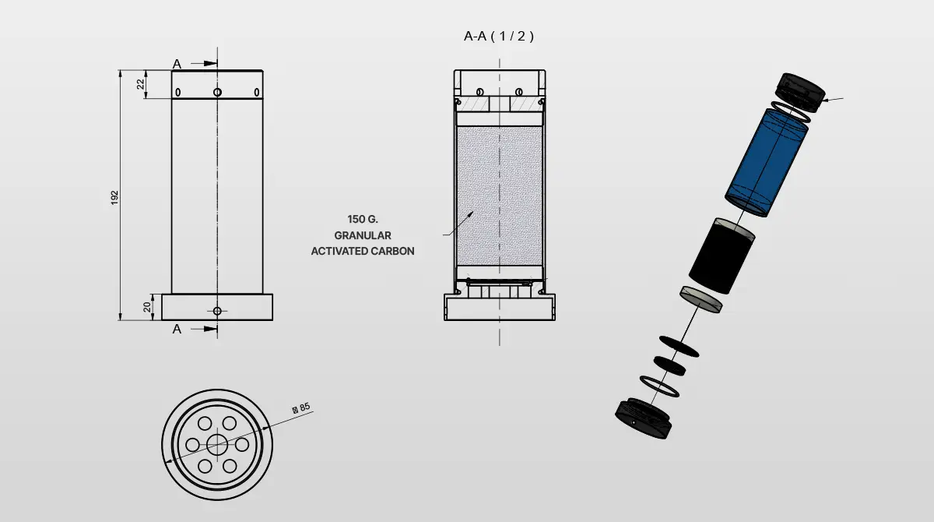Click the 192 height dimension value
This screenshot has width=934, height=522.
click(x=114, y=197)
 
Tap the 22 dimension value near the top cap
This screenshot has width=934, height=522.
click(x=141, y=84)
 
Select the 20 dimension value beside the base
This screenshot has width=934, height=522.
click(x=147, y=307)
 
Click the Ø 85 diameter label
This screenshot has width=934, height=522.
click(x=301, y=407)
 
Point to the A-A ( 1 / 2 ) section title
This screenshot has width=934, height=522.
click(x=499, y=37)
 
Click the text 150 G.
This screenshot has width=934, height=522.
click(x=363, y=219)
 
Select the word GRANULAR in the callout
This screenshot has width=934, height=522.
click(x=363, y=235)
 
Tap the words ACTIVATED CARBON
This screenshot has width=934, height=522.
click(x=363, y=251)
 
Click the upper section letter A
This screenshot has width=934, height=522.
click(x=177, y=64)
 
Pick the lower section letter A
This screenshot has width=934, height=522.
click(x=177, y=330)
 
